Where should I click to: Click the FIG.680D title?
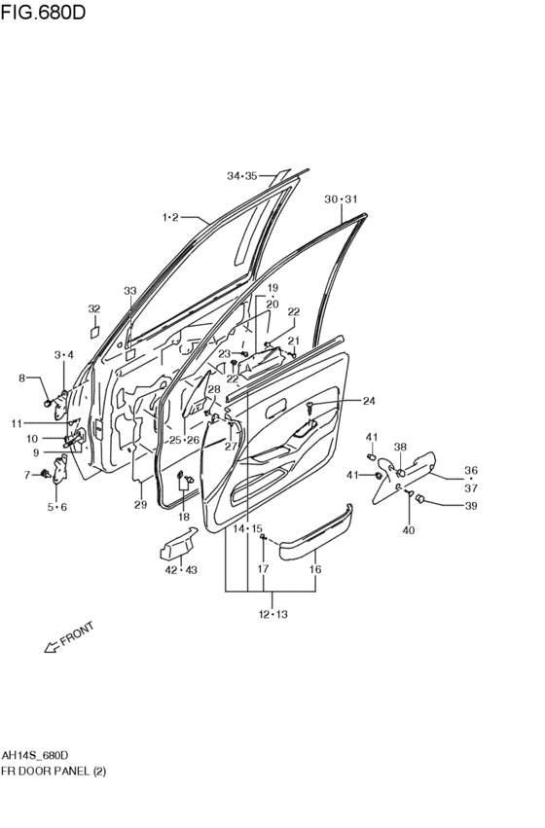pos(43,12)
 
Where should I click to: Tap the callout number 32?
pos(94,308)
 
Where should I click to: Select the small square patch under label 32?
pos(95,332)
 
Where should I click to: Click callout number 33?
pos(129,291)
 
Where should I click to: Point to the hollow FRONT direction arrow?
pos(52,646)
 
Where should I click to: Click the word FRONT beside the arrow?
pos(77,633)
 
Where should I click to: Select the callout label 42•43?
pos(181,570)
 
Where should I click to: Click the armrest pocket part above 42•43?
pos(178,544)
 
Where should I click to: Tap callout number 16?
pos(315,570)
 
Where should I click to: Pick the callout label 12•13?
pos(273,614)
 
